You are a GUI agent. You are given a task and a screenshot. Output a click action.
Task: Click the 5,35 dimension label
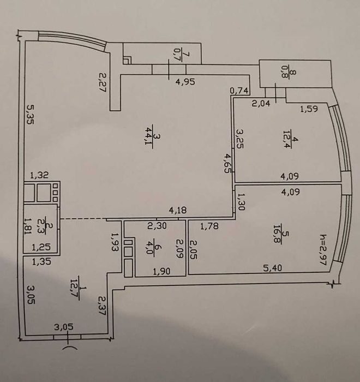[30, 115]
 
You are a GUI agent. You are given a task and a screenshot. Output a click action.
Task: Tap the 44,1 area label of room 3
[148, 136]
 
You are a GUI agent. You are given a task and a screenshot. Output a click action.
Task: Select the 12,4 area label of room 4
[287, 140]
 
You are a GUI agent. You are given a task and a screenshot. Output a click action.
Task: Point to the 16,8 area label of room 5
[278, 234]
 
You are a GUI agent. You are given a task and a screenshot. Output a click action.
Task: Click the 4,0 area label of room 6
[149, 249]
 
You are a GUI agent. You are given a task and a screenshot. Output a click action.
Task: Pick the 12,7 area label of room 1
[74, 289]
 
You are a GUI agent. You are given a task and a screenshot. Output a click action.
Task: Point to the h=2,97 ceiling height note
[323, 249]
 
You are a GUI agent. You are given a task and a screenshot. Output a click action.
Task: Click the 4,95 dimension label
[185, 82]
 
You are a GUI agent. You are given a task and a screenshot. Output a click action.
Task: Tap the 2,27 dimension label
[103, 82]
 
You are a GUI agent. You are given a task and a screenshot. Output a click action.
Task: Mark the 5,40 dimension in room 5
[273, 268]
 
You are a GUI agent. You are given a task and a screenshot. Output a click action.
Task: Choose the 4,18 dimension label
[178, 210]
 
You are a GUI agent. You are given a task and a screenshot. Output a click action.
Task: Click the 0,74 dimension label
[239, 91]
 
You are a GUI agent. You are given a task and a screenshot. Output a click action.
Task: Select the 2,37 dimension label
[102, 306]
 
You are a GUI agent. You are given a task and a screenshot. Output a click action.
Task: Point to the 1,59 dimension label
[309, 109]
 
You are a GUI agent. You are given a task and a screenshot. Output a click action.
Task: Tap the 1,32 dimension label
[39, 175]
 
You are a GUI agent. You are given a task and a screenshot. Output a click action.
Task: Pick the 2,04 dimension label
[261, 104]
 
